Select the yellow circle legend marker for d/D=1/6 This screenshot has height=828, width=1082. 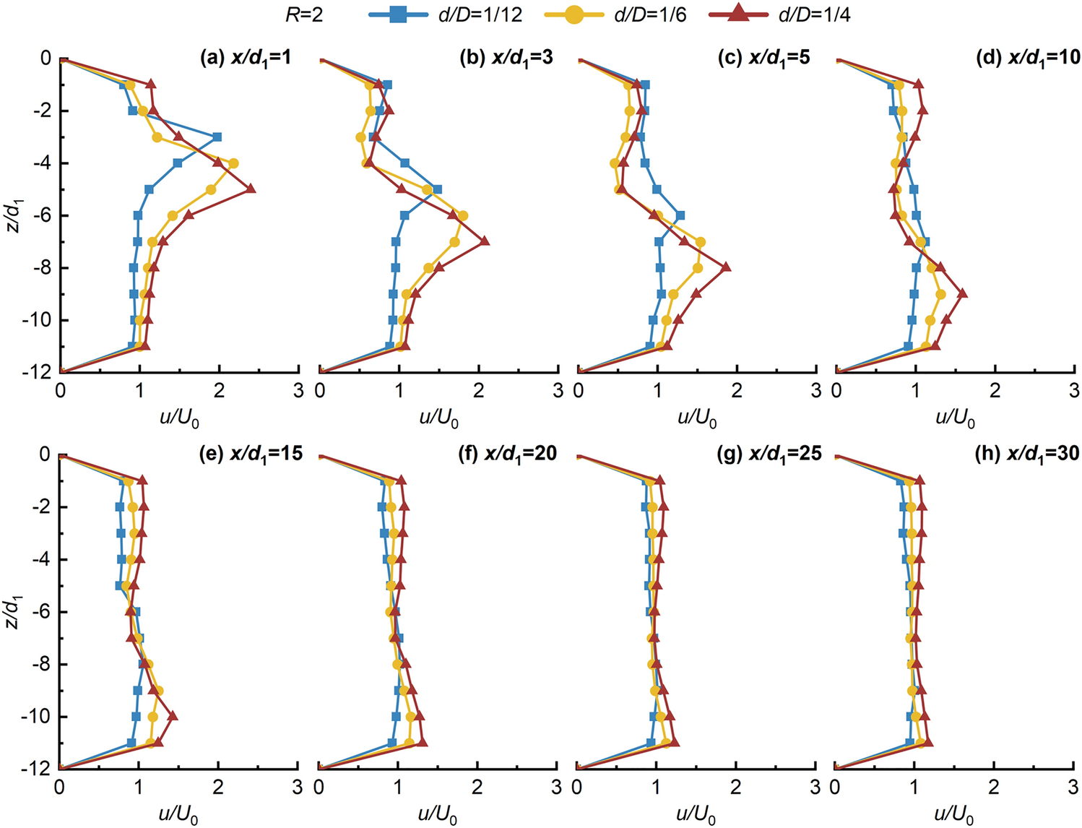pos(574,14)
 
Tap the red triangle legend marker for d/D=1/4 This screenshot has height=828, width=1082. pos(738,14)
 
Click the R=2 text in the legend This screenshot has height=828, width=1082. pos(304,14)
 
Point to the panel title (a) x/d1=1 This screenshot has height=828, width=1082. pos(246,58)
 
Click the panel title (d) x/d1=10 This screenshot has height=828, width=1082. pos(1028,58)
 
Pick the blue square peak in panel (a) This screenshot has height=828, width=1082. pos(217,137)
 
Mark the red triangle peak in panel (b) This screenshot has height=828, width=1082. pos(484,241)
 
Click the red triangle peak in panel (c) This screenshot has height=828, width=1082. pos(726,268)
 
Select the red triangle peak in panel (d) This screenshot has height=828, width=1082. pos(961,294)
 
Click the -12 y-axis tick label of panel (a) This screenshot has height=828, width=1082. pos(40,372)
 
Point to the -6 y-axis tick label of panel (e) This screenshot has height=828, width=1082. pos(41,612)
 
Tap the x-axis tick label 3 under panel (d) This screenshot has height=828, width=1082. pos(1074,391)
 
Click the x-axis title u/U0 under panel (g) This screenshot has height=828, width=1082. pos(696,814)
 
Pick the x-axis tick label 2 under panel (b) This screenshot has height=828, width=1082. pos(478,391)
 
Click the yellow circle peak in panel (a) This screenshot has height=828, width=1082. pos(233,163)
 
